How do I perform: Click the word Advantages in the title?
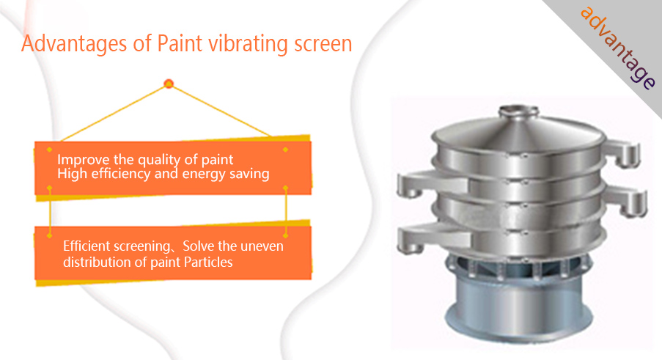[x=74, y=44]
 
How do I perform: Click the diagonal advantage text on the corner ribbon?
[x=618, y=47]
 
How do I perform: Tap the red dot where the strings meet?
[x=169, y=84]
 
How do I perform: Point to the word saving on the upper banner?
[x=249, y=175]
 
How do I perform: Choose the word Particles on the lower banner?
[x=208, y=262]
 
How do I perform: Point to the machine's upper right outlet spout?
[x=623, y=154]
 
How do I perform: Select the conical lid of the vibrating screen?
[x=518, y=130]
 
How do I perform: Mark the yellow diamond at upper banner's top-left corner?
[x=49, y=150]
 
